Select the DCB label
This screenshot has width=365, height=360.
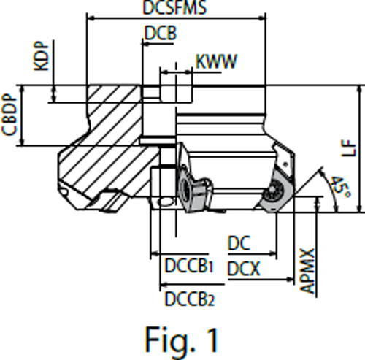pos(160,33)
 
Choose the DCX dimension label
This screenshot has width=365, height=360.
pos(245,270)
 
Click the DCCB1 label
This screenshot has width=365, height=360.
pos(188,267)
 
